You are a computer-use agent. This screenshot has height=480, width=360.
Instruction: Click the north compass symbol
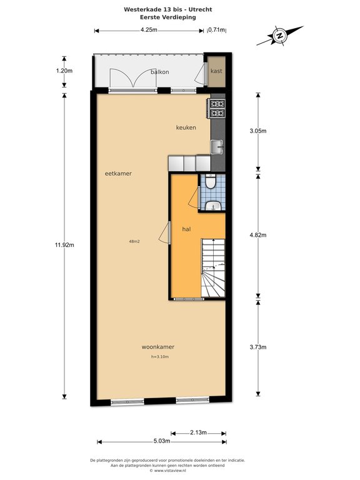[x=279, y=36]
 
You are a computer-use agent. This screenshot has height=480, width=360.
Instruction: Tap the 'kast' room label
[x=216, y=71]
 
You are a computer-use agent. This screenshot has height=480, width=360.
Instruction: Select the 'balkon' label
[x=160, y=72]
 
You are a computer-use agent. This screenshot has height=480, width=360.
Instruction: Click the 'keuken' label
[x=186, y=127]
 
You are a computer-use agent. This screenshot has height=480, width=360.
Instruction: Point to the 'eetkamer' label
[x=118, y=173]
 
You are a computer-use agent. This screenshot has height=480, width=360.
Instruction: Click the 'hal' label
[x=186, y=229]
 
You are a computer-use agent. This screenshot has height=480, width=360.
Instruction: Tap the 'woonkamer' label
[x=158, y=347]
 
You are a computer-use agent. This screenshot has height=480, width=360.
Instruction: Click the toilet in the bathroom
[x=210, y=182]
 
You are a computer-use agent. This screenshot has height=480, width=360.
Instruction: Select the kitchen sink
[x=217, y=147]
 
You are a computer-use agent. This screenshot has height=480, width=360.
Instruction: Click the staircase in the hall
[x=213, y=268]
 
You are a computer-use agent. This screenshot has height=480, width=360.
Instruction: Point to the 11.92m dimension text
[x=64, y=245]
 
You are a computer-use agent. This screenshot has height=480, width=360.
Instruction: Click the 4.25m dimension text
[x=149, y=30]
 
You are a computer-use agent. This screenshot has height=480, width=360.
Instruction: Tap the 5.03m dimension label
[x=162, y=441]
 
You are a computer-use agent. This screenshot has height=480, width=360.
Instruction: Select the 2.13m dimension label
[x=198, y=432]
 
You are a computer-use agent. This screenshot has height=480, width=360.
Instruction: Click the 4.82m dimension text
[x=258, y=235]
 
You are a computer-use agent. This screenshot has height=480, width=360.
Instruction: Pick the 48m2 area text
[x=134, y=241]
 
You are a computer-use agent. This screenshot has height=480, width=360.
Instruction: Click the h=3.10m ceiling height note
[x=160, y=357]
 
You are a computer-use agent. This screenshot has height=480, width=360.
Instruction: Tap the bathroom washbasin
[x=213, y=206]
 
